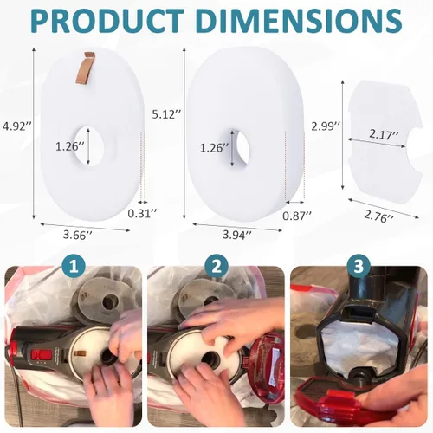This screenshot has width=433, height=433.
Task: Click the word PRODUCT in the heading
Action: click(107, 21)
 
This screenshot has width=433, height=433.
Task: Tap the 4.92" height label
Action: click(16, 126)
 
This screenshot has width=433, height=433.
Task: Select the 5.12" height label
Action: click(167, 114)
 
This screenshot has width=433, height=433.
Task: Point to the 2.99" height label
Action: click(326, 126)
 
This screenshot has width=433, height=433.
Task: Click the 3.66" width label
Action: click(78, 235)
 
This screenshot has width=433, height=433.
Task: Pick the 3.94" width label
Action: click(237, 235)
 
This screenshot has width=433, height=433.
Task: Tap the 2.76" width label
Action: click(378, 216)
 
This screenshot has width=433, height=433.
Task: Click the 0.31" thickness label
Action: click(142, 214)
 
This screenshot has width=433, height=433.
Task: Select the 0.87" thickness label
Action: click(297, 216)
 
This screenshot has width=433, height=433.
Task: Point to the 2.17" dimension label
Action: click(384, 135)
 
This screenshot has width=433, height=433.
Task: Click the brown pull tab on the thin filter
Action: click(85, 68)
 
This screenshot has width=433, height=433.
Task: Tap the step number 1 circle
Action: click(74, 267)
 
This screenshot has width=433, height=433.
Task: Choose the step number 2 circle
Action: click(216, 267)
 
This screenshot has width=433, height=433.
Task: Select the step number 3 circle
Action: click(359, 267)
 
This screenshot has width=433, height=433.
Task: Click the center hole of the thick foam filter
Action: click(237, 148)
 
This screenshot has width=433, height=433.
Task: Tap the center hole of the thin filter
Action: click(90, 146)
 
